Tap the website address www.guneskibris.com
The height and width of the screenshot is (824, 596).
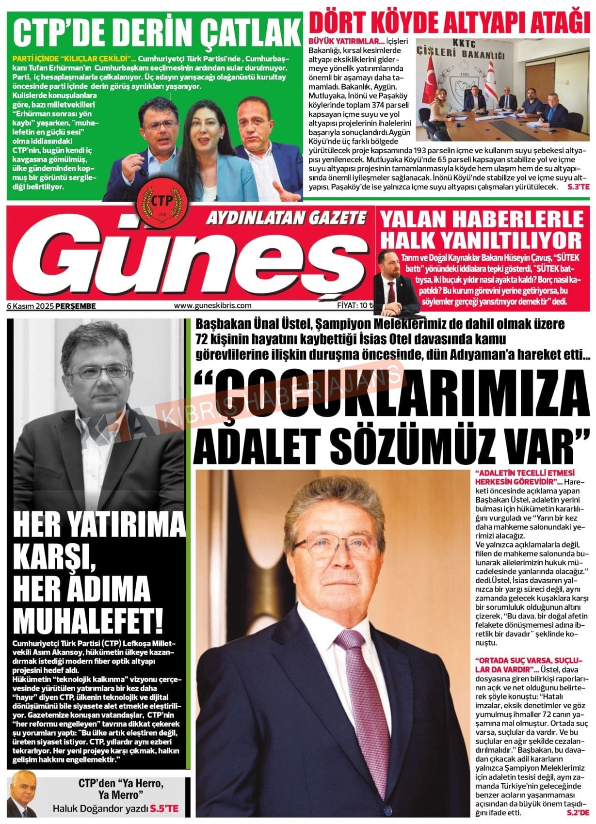[x=212, y=305]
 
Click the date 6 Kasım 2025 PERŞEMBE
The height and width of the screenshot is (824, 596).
[x=51, y=306]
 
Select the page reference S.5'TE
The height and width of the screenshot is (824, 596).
[x=164, y=808]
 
